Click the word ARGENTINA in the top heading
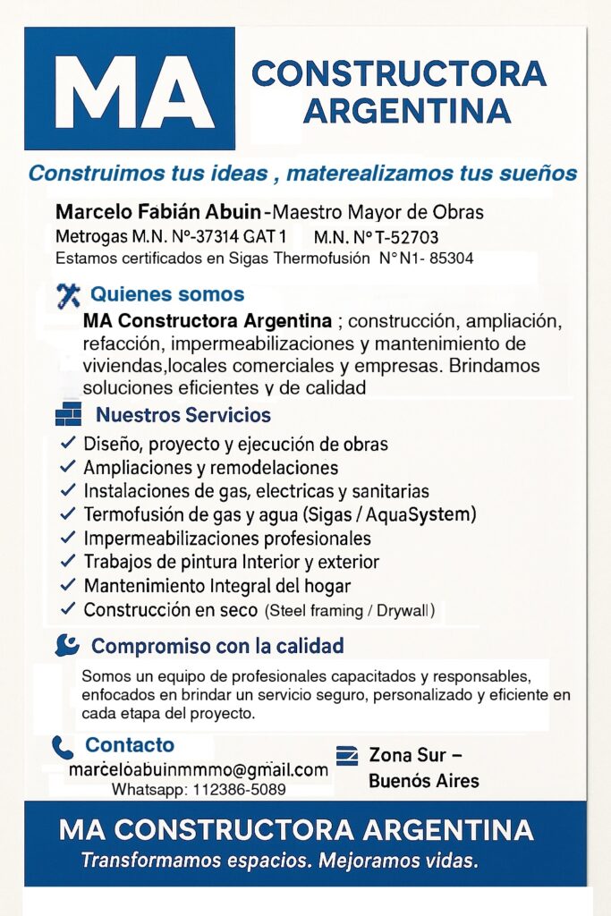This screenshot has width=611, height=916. coord(407,111)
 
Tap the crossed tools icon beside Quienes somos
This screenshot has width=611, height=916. coord(68,295)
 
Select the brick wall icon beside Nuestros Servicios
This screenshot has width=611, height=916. coord(68,415)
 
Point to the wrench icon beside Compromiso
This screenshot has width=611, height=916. coord(67,645)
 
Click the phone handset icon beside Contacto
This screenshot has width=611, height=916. coord(63,747)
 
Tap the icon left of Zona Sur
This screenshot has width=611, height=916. coord(346,756)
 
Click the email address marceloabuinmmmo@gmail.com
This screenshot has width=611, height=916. coord(199,770)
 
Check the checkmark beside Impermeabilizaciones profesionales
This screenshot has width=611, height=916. coord(67,538)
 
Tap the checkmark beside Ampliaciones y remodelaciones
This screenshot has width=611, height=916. coord(67,467)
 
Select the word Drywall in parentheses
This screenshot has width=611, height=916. coord(404,611)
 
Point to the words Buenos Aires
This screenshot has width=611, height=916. coord(424,780)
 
